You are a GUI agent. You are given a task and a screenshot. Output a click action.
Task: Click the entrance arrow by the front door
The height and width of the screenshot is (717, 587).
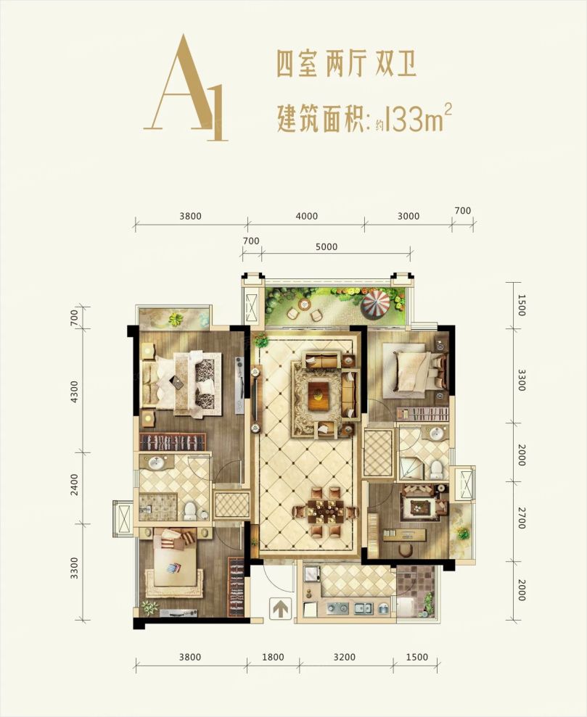(279, 608)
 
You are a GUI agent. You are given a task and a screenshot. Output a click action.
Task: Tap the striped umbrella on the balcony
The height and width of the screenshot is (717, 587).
(377, 304)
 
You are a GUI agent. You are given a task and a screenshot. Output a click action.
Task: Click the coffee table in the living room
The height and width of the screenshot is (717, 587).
(320, 395)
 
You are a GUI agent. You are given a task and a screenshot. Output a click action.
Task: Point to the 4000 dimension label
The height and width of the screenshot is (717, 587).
(307, 216)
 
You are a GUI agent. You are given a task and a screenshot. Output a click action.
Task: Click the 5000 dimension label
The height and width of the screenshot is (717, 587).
(327, 247)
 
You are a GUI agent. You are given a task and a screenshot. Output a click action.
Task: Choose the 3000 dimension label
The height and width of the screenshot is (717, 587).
(409, 216)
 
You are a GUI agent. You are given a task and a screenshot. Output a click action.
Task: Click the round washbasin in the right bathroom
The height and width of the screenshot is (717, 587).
(435, 434)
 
